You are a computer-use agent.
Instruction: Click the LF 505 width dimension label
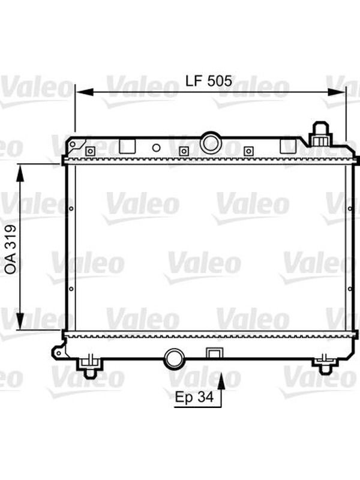209,81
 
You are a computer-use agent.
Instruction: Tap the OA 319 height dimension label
11,249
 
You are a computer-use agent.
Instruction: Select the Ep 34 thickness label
194,397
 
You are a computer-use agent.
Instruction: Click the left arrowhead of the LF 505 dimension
85,92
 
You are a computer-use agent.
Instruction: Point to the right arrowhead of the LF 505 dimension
336,92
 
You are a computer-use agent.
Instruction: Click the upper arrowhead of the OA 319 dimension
20,173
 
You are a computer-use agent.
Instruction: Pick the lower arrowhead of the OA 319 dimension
20,321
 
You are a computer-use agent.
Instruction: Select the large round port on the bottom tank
175,359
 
